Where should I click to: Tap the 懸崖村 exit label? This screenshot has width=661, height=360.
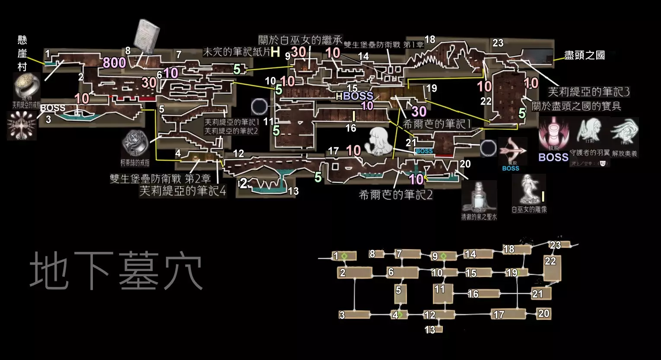22,53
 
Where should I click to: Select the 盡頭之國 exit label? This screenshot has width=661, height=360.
584,55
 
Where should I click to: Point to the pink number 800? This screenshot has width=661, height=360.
114,63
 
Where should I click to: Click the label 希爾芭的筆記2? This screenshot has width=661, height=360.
395,195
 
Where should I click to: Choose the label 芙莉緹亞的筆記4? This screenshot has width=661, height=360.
182,191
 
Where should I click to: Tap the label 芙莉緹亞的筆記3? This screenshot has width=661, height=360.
589,92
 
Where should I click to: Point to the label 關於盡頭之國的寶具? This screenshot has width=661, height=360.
576,106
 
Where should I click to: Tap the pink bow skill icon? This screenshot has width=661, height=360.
512,151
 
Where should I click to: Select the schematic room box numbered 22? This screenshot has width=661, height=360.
552,268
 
